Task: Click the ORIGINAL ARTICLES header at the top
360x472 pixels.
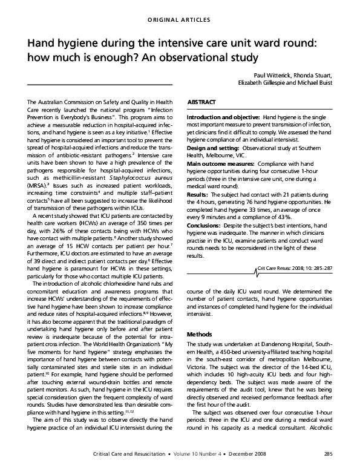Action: coord(180,20)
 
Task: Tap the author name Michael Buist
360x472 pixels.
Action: coord(316,84)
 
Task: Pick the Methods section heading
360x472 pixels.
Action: coord(200,334)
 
